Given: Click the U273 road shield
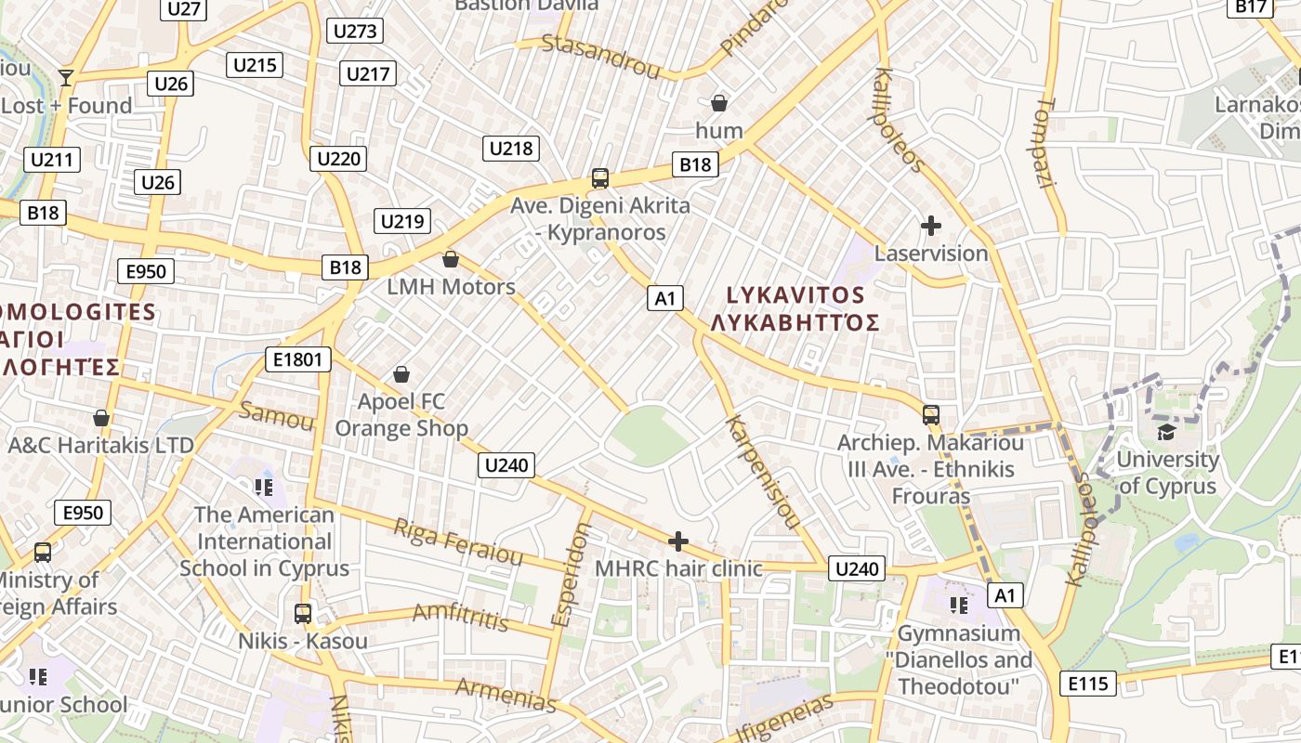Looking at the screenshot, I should (x=355, y=31).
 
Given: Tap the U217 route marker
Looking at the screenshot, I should (x=369, y=73).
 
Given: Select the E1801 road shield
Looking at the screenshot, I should (x=298, y=359).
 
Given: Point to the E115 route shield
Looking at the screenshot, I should (x=1088, y=684).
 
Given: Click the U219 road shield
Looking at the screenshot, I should (x=402, y=220).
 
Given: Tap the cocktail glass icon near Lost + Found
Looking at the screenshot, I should (x=66, y=77).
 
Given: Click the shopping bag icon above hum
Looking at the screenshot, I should (x=719, y=102).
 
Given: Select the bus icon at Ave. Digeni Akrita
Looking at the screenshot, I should (x=600, y=177).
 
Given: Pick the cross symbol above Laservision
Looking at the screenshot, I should (x=930, y=226).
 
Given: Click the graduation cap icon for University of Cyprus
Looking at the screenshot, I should (x=1166, y=432).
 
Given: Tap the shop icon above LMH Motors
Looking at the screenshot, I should (x=451, y=259).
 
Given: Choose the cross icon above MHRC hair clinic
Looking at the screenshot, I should (x=678, y=541).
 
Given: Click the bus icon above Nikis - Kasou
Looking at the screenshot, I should (x=303, y=613).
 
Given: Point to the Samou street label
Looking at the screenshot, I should (x=277, y=416).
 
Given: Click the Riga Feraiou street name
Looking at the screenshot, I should (x=458, y=541).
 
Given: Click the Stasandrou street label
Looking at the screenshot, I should (x=600, y=56).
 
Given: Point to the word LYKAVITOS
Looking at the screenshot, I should (x=795, y=295).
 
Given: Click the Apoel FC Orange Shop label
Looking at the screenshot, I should (x=401, y=415).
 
